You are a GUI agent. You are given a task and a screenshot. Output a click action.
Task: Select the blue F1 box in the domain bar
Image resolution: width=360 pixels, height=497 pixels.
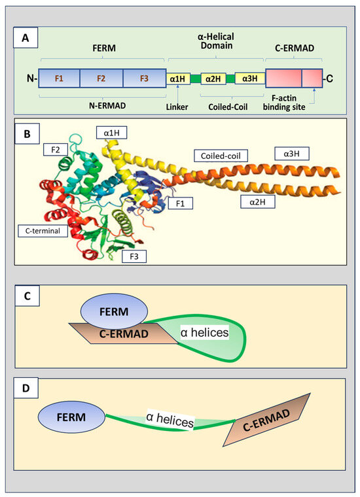pyautogui.click(x=59, y=78)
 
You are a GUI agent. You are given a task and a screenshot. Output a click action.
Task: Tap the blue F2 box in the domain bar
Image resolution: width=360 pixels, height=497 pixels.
pyautogui.click(x=101, y=78)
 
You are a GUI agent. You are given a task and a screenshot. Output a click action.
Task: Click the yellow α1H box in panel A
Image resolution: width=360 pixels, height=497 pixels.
pyautogui.click(x=177, y=79)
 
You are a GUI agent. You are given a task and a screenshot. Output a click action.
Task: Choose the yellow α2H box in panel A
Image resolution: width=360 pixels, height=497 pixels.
pyautogui.click(x=213, y=79)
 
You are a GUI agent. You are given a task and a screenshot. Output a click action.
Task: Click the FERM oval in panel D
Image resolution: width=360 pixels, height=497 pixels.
pyautogui.click(x=72, y=415)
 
